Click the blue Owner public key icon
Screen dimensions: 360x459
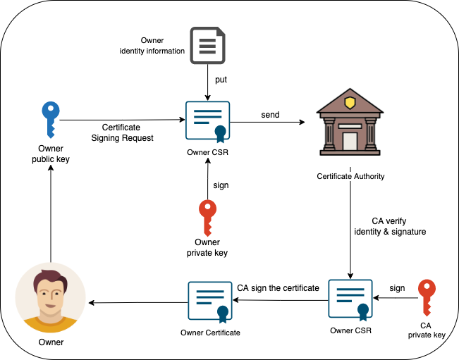coord(51,120)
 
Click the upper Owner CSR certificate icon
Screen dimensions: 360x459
coord(207,121)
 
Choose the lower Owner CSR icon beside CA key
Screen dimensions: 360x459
coord(350,299)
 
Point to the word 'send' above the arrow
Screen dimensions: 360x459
coord(269,114)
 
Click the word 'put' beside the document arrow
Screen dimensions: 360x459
coord(221,80)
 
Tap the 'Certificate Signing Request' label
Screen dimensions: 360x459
coord(123,132)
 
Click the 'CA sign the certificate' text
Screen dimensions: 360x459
coord(279,287)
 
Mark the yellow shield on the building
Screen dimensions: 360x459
coord(350,103)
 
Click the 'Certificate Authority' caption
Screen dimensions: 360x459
coord(350,175)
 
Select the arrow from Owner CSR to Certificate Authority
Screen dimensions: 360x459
coord(268,123)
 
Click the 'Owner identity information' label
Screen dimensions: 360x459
coord(152,46)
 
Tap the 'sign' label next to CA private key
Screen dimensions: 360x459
coord(397,287)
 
